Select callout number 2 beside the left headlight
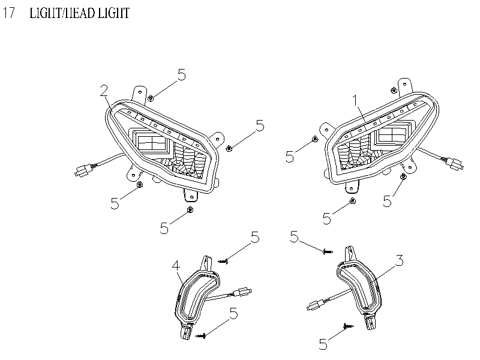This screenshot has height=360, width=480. [104, 91]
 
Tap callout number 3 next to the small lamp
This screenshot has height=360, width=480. [398, 260]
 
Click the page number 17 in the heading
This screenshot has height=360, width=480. [8, 13]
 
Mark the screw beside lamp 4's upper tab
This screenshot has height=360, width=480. [224, 260]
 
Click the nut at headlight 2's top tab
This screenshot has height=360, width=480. [151, 98]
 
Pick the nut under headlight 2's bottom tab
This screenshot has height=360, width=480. [190, 209]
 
